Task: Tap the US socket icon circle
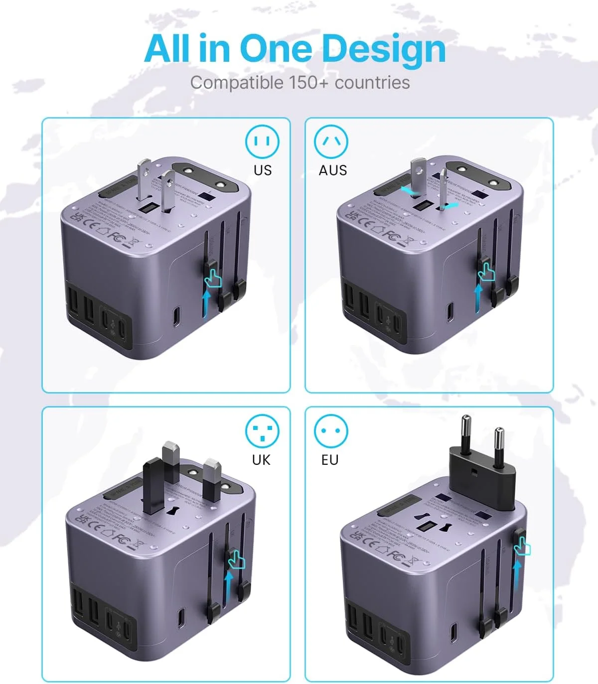pos(262,141)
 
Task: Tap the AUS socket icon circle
pos(331,141)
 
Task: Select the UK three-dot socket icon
pos(262,431)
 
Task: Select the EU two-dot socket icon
pos(331,431)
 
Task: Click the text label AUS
pos(332,170)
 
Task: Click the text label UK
pos(261,459)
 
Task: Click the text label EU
pos(330,459)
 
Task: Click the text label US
pos(263,170)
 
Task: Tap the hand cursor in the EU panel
pos(523,547)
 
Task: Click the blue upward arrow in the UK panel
pos(229,588)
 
